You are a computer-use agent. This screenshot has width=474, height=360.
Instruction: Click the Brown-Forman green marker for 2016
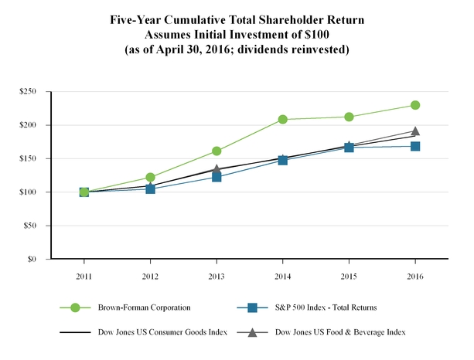(x=415, y=105)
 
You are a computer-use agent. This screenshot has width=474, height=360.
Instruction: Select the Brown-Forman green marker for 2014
(x=283, y=120)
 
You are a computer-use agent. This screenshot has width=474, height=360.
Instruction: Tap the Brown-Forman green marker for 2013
(x=217, y=151)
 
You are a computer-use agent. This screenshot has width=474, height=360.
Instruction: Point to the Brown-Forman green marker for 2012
(x=150, y=178)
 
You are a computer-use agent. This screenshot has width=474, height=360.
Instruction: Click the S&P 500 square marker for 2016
(x=415, y=146)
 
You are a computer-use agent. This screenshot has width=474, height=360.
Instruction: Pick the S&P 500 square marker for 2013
(x=217, y=177)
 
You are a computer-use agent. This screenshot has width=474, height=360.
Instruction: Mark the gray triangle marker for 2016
(x=415, y=131)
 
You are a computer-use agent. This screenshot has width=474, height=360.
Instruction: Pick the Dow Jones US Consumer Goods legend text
(x=156, y=332)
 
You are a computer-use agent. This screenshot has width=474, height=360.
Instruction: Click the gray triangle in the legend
(x=252, y=331)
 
